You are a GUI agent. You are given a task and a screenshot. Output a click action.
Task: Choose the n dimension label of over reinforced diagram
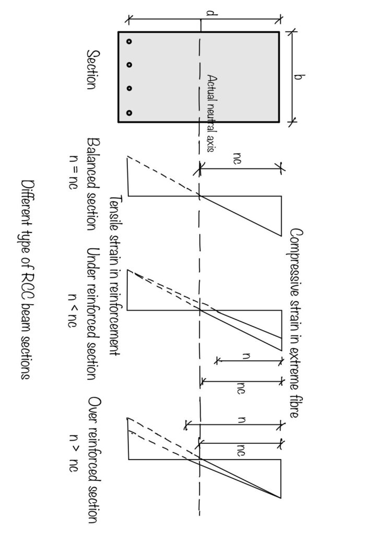click(241, 420)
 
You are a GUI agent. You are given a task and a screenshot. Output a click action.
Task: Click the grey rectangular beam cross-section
click(198, 77)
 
